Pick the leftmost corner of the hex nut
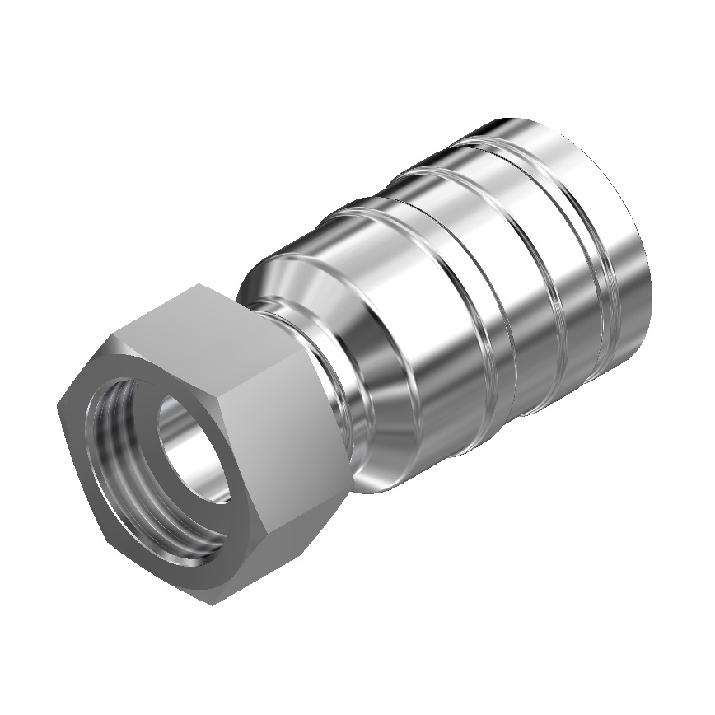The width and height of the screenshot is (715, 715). pos(58,405)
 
